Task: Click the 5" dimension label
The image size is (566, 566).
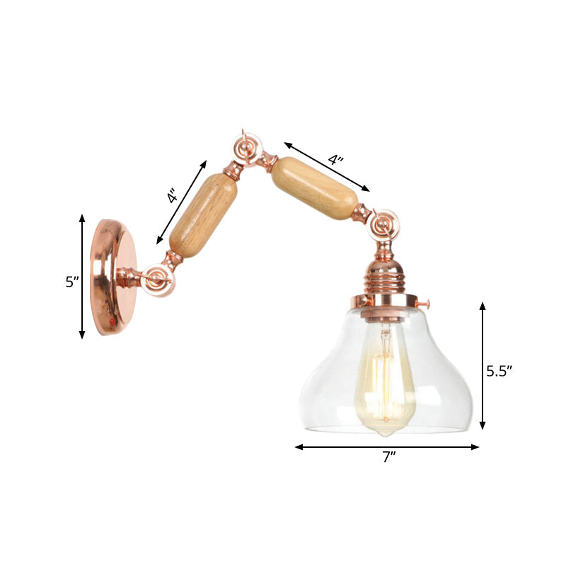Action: tap(71, 282)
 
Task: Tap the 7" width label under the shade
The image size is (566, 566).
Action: tap(388, 458)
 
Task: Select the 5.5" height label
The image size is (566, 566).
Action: tap(499, 370)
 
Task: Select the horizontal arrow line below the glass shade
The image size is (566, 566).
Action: tap(387, 447)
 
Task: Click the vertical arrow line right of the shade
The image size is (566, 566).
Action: tap(483, 365)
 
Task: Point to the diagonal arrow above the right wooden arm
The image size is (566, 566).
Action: tap(327, 167)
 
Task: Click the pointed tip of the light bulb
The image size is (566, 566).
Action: tap(384, 433)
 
